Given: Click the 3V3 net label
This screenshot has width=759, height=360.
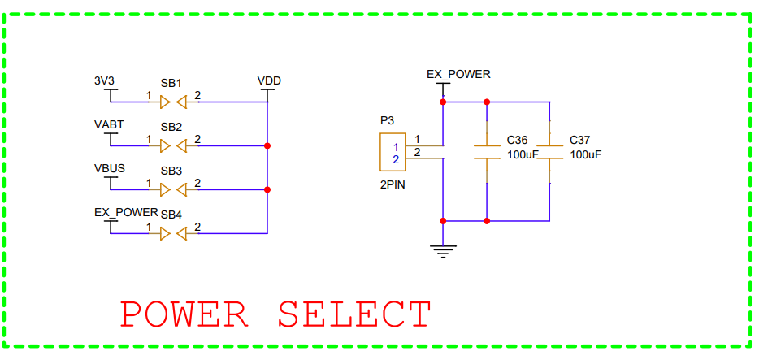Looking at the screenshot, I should tap(105, 81).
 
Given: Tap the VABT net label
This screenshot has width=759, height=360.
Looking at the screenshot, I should tap(109, 125).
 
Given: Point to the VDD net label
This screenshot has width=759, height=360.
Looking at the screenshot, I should tap(269, 81).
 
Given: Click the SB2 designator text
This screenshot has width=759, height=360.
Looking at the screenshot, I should tap(171, 127).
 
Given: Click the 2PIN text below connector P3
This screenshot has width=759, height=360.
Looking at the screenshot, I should tap(393, 184).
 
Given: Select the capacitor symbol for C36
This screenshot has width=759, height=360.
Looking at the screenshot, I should tap(487, 152).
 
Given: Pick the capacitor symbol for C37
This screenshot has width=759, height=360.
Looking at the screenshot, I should tap(550, 152).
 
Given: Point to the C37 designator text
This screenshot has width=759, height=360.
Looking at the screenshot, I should tap(580, 140).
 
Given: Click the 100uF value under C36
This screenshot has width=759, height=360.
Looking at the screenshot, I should tap(523, 154).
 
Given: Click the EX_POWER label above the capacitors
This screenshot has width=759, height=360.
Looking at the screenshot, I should tap(458, 74).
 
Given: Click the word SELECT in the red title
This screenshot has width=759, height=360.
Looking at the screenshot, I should tap(354, 314).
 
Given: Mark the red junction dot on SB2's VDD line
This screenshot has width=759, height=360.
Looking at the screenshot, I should tap(267, 146).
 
